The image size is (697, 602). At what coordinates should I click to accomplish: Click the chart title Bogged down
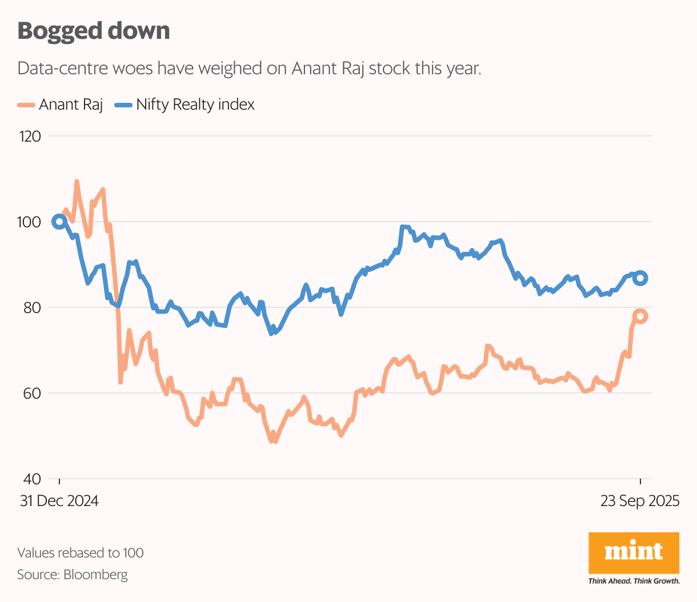click(94, 31)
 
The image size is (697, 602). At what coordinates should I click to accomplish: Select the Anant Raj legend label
click(71, 105)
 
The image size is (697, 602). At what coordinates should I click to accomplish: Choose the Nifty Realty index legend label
click(195, 105)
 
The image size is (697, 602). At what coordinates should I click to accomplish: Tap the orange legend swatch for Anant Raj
click(26, 105)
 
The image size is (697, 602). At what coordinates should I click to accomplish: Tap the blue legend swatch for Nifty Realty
click(123, 105)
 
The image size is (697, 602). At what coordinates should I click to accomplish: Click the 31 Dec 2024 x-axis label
click(59, 501)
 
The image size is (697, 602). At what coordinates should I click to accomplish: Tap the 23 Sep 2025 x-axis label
click(639, 501)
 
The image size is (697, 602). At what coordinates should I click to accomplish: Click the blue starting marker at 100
click(59, 222)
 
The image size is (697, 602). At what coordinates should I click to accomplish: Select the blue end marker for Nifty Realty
click(640, 278)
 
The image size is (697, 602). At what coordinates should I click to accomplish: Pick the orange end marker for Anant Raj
click(640, 316)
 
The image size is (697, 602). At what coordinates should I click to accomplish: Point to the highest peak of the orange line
click(77, 182)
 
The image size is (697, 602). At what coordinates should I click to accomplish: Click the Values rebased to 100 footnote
click(81, 553)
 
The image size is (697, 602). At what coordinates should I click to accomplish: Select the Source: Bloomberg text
click(73, 575)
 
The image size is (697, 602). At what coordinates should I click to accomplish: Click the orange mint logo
click(634, 552)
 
